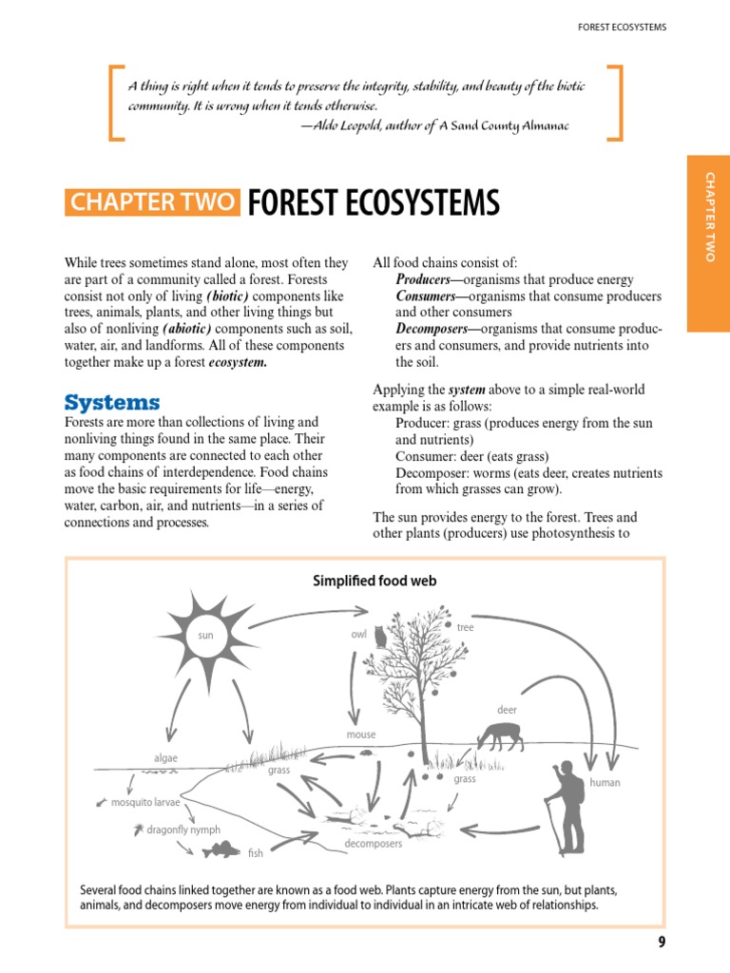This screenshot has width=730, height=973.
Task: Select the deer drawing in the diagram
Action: pos(501,735)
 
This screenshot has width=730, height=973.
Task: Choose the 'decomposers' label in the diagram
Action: pos(373,844)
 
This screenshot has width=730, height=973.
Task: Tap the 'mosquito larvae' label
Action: pos(144,802)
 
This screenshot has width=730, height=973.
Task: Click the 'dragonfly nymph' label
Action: pos(184,830)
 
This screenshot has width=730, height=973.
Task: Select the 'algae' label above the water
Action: pos(165,758)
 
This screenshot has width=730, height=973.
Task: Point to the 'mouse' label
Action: pos(360,735)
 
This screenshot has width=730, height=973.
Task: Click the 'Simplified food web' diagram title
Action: pos(375,581)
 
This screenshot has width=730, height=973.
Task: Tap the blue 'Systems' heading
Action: pos(112,402)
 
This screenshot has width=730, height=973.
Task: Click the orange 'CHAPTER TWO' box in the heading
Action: pos(152,202)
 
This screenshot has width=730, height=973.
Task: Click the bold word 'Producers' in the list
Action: pos(427,279)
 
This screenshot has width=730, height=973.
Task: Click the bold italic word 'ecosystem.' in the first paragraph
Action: pos(238,362)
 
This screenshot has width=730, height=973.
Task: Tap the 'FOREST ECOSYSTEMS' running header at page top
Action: pos(622,27)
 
